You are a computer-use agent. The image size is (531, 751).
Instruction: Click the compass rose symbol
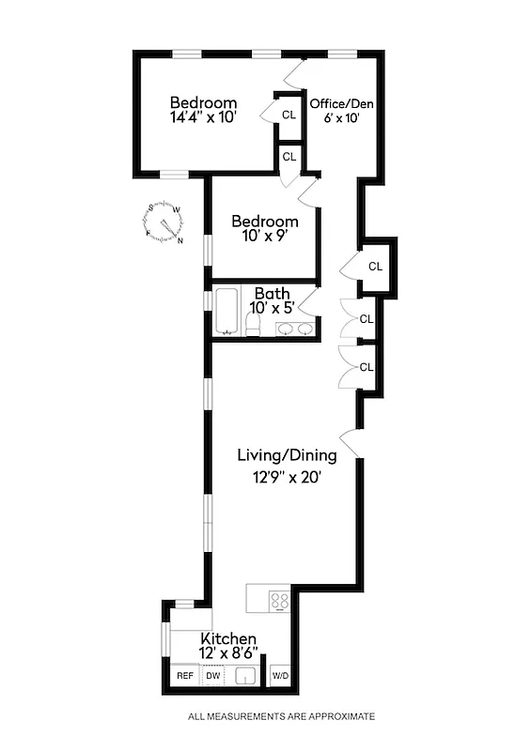164,222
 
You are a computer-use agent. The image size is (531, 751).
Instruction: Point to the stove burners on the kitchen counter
279,599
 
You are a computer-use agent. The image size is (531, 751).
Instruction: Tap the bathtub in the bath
227,312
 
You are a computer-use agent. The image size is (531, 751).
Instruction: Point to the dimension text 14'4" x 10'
203,118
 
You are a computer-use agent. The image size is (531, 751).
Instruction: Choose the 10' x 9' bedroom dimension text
266,238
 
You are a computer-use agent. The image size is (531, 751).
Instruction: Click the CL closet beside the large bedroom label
289,115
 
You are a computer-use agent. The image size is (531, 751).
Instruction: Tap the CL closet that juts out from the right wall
375,267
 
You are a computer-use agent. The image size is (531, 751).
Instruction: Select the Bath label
271,292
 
